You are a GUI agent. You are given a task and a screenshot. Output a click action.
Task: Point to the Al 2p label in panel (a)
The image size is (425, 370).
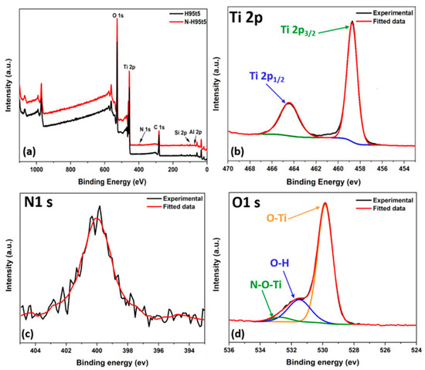(x=196, y=133)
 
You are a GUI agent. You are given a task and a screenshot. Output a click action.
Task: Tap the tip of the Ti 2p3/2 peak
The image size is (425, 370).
(x=352, y=22)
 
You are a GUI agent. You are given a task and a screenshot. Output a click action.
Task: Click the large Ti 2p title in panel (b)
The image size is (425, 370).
(x=253, y=15)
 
